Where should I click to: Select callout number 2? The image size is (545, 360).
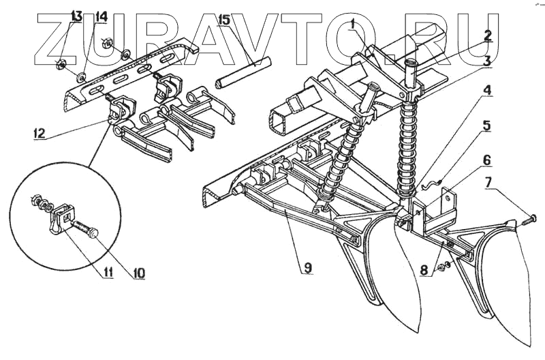click(x=488, y=35)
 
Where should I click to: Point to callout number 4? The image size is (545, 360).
click(x=488, y=90)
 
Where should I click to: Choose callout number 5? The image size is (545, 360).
click(x=487, y=125)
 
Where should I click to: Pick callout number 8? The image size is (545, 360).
click(x=424, y=269)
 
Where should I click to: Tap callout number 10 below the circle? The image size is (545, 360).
click(x=140, y=273)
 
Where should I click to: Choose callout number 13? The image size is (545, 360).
click(x=76, y=15)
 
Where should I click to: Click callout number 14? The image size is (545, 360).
click(x=101, y=16)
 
